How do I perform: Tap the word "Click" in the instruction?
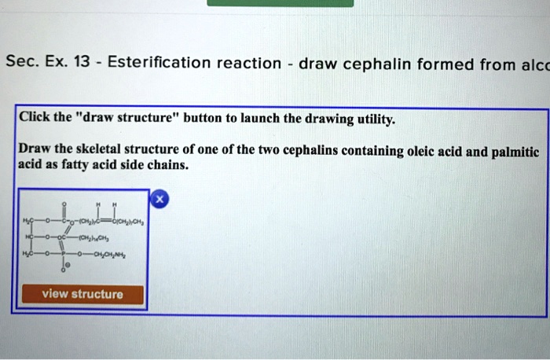tap(35, 119)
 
